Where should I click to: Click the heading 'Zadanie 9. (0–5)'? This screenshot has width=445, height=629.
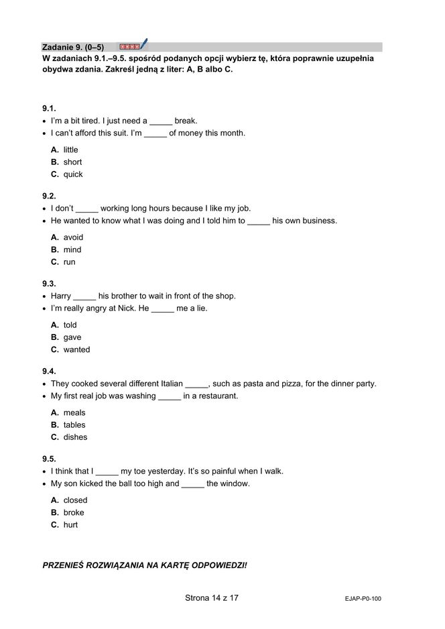73,48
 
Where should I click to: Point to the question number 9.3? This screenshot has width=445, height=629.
49,284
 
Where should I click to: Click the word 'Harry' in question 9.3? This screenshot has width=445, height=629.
61,296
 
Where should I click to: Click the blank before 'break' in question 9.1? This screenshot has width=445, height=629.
161,122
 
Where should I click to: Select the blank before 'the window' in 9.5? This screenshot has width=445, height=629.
192,484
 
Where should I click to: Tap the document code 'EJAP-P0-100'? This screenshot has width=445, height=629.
359,599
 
